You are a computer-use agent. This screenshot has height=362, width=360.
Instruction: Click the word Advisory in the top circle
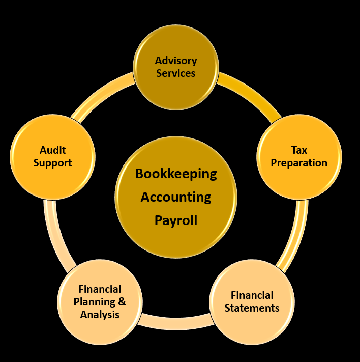[x=176, y=61]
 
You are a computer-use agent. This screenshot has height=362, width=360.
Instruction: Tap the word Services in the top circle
[x=176, y=73]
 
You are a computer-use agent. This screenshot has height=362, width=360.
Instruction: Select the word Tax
[x=299, y=150]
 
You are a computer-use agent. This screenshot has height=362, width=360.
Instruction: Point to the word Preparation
[x=299, y=163]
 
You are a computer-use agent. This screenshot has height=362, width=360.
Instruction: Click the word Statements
[x=252, y=308]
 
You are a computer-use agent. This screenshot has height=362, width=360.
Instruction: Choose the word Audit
[x=53, y=150]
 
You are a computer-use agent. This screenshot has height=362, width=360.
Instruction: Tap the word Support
[x=53, y=163]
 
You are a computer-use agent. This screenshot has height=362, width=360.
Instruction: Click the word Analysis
[x=100, y=314]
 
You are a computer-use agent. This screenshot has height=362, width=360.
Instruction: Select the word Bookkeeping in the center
[x=176, y=174]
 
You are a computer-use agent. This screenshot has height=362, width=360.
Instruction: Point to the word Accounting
[x=176, y=197]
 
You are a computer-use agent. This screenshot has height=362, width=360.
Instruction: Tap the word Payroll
[x=176, y=220]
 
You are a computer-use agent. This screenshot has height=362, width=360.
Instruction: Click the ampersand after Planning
[x=122, y=301]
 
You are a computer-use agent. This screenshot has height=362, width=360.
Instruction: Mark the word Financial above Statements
[x=252, y=295]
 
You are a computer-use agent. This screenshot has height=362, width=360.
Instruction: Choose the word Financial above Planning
[x=100, y=289]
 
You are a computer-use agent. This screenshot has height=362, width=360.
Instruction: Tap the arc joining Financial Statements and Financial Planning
[x=175, y=320]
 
